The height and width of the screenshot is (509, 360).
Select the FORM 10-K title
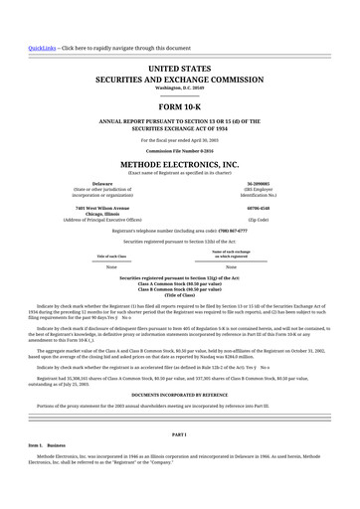179,105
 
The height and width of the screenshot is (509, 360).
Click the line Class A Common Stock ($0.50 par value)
179,285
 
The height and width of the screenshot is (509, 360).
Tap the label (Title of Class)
179,297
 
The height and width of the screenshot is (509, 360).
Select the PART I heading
179,435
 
